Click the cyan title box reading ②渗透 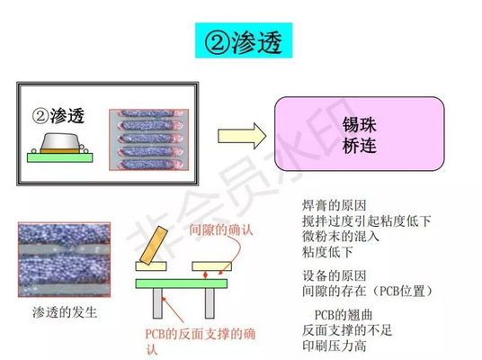(244, 40)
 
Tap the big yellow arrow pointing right (242, 136)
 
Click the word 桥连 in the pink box (359, 145)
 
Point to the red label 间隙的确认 (221, 229)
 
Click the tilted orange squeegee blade (154, 245)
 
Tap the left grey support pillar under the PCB (157, 303)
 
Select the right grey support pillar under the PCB (210, 303)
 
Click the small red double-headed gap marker (206, 274)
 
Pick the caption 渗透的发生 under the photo (65, 312)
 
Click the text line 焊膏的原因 (335, 205)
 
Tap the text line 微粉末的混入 (341, 237)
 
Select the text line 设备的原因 (335, 275)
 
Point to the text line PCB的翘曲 (344, 315)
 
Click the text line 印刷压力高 (335, 346)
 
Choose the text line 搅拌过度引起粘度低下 (366, 220)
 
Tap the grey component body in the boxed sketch (60, 141)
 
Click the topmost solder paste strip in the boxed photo (149, 113)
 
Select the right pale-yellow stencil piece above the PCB (212, 266)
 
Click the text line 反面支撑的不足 (347, 330)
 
